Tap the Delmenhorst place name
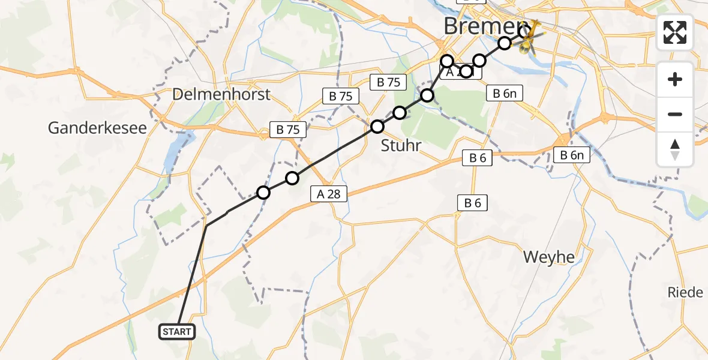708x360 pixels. pos(221,94)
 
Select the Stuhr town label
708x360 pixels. pos(401,145)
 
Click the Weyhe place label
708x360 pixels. pos(548,257)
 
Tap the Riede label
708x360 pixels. pos(685,293)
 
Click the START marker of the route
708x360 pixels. pos(176,332)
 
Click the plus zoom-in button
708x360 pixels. pos(675,79)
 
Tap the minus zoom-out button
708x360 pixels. pos(675,114)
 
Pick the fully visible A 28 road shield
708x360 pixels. pos(329,193)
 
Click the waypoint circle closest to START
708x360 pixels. pos(263,193)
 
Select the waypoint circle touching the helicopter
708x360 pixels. pos(524,31)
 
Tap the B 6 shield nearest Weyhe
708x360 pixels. pos(472,203)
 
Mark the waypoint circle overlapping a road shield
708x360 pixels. pos(466,72)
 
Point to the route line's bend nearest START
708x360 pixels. pos(206,226)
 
